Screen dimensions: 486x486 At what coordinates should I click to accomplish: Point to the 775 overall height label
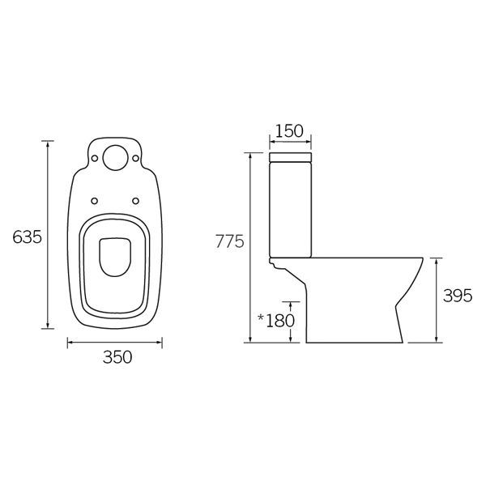[229, 241]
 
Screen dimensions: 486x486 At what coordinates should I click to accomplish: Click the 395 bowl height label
[457, 296]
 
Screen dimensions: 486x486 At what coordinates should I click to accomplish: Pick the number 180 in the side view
[280, 320]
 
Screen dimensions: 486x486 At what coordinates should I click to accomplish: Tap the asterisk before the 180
[261, 318]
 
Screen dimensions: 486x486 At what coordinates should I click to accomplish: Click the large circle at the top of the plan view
[115, 157]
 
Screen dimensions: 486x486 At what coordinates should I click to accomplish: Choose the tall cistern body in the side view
[289, 207]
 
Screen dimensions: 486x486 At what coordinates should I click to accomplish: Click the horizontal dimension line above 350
[114, 343]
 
